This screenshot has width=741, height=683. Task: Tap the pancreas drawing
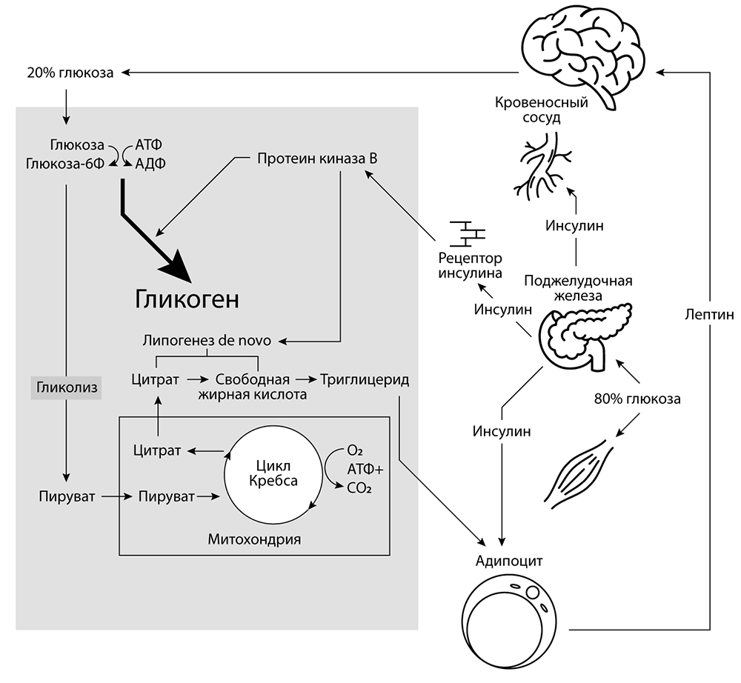tap(585, 333)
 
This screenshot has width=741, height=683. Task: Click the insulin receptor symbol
tap(468, 233)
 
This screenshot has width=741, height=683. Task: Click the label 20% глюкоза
tap(70, 73)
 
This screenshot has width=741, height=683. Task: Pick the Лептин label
tap(708, 315)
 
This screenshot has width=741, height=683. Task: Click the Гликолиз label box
tap(64, 387)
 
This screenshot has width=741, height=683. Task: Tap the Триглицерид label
tap(365, 379)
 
